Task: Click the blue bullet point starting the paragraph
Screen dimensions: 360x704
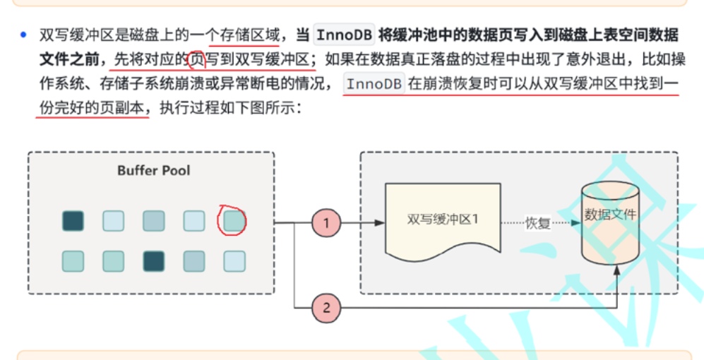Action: [x=24, y=34]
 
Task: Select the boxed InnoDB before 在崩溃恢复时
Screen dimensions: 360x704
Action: [x=374, y=84]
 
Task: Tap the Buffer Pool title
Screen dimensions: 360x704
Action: [x=153, y=170]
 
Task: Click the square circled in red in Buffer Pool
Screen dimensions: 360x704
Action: [x=234, y=221]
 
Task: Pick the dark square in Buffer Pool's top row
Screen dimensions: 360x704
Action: [x=73, y=221]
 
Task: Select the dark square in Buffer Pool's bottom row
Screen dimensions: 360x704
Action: [x=153, y=261]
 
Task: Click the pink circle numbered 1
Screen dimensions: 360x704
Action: [x=326, y=223]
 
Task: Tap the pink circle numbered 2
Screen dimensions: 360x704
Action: [x=326, y=308]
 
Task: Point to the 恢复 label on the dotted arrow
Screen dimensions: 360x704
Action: [x=537, y=223]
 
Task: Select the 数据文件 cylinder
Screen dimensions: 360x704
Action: [x=610, y=219]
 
